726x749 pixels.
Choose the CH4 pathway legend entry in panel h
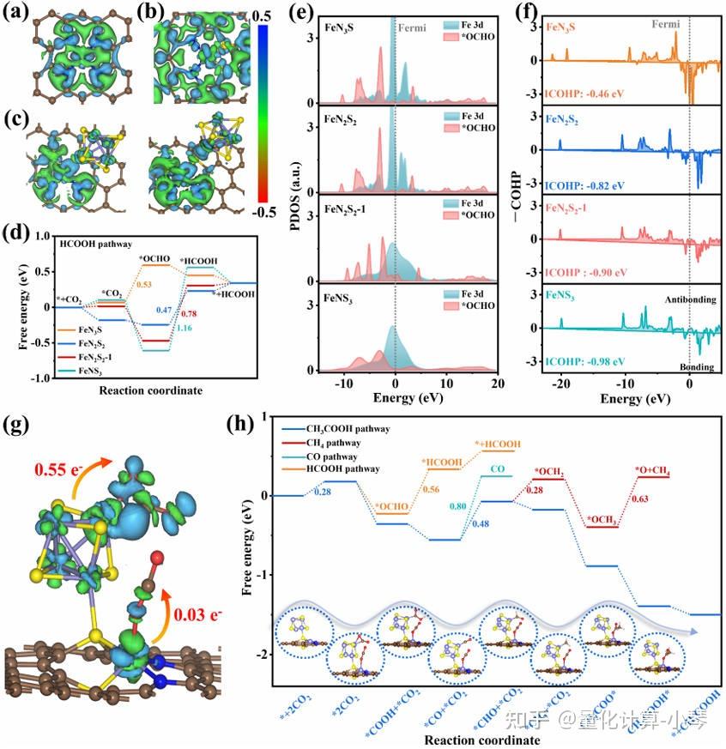point(330,441)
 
